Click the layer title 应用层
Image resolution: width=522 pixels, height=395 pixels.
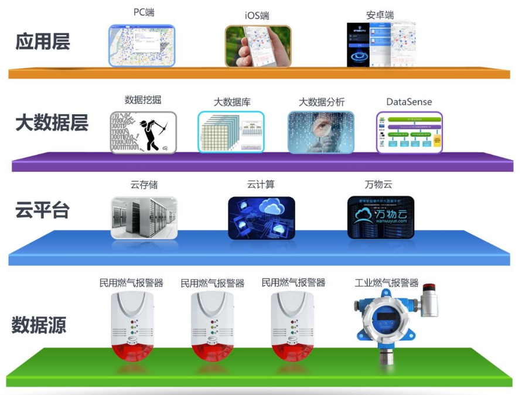tap(43, 42)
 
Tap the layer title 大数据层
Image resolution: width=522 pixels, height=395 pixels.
tap(52, 124)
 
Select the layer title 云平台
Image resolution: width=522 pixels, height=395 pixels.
tap(42, 210)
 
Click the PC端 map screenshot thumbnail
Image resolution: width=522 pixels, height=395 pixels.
tap(142, 46)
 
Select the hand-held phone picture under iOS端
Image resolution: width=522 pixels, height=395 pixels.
tap(258, 46)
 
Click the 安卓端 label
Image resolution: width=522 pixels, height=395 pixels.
tap(379, 14)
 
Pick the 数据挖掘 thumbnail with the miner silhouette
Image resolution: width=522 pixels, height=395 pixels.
tap(143, 132)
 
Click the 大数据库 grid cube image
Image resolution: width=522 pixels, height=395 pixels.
tap(231, 132)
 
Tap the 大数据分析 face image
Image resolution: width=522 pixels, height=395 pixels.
tap(321, 132)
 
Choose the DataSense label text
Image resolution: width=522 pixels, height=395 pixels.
tap(408, 102)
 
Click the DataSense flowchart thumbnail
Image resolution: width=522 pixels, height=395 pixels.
tap(408, 132)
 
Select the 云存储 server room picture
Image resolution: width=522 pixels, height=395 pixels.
tap(144, 217)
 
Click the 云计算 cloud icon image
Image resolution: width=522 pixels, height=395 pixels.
tap(261, 217)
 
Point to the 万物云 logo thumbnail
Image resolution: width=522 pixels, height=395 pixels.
tap(380, 217)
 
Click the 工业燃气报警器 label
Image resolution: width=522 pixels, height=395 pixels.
tap(387, 283)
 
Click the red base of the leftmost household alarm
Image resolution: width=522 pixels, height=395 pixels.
tap(132, 352)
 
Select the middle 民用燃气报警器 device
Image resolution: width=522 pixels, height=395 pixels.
tap(212, 325)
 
